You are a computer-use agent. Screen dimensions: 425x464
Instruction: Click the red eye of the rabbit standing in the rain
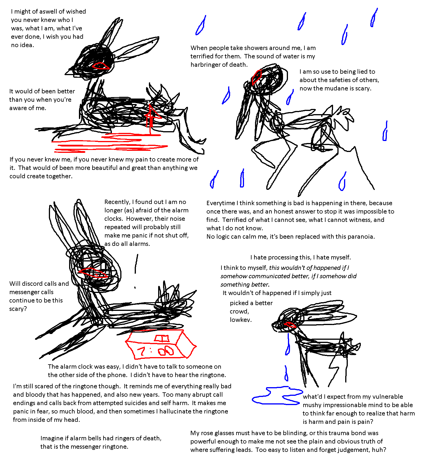[x=256, y=77]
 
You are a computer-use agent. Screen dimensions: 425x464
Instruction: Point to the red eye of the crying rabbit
[x=290, y=325]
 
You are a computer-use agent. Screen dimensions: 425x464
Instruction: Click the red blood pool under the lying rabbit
[x=110, y=143]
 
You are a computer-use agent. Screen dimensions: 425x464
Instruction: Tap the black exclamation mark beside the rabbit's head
[x=136, y=270]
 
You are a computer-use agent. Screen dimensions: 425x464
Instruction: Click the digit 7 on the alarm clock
[x=142, y=352]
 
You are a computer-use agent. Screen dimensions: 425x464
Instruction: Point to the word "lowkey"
[x=241, y=320]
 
